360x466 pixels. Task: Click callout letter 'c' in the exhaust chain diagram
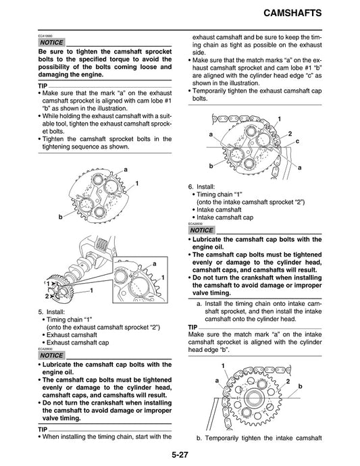coord(297,140)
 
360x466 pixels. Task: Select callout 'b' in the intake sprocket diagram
coord(300,386)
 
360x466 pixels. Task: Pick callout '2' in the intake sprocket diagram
coord(288,382)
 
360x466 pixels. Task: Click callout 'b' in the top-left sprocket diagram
coord(60,216)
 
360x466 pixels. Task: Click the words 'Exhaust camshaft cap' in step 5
coord(72,343)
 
